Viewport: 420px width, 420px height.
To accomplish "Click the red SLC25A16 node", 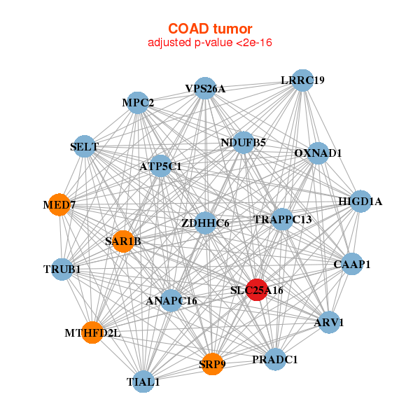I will (x=258, y=290).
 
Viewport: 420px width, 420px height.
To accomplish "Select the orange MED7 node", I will (x=59, y=205).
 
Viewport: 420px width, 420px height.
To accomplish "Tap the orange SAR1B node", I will (x=123, y=241).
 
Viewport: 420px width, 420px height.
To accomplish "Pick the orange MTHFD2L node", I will (x=92, y=332).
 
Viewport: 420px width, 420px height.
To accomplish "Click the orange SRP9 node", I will (x=212, y=364).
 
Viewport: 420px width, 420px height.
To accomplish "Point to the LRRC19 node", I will (x=302, y=80).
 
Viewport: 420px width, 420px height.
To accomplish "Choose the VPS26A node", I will (x=205, y=88).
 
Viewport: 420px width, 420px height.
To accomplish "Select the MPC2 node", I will (x=138, y=104).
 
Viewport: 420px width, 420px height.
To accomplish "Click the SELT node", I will (x=84, y=146).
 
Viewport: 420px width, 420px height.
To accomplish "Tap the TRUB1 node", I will (x=62, y=269).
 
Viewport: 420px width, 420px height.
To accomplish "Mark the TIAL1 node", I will (x=143, y=382).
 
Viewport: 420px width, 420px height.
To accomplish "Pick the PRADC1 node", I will (x=275, y=360).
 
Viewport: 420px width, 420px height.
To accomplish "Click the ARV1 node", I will (x=329, y=323).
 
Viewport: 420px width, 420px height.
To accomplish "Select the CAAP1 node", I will (x=352, y=265).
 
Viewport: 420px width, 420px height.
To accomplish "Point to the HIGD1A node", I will (x=360, y=202).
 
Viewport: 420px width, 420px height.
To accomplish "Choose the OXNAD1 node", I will (x=318, y=153).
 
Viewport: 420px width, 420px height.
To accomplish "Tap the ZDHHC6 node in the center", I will (x=205, y=223).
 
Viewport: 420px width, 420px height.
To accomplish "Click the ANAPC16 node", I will (x=171, y=301).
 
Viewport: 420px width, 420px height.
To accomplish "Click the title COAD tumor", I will (x=209, y=29).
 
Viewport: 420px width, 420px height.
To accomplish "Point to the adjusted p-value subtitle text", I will (x=209, y=43).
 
